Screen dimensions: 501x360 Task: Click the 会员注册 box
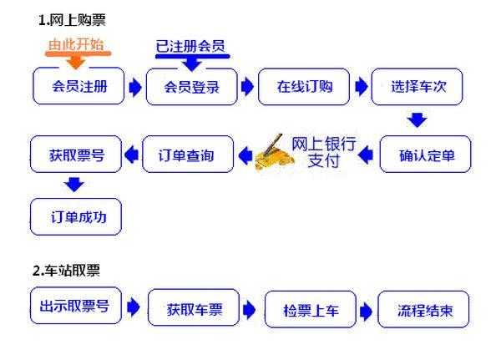pos(78,86)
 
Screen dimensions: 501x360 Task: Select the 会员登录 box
pos(192,87)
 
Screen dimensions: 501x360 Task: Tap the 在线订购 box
pos(304,87)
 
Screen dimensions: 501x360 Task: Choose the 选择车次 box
pos(417,87)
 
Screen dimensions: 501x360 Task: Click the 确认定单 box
pos(425,154)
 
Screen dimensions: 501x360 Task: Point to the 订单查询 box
pos(188,154)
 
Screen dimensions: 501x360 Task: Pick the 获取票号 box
pos(76,154)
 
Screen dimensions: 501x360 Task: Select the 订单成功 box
pos(76,217)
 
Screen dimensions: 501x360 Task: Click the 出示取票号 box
pos(76,306)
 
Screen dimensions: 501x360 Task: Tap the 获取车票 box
pos(194,307)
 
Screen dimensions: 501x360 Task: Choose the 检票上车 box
pos(311,310)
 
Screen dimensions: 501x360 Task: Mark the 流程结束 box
pos(423,310)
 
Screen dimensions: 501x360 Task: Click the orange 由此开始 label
pos(76,43)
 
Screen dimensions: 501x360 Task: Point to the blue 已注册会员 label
pos(190,47)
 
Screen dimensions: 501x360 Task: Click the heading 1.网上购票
pos(72,20)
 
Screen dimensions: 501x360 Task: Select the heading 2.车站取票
pos(66,271)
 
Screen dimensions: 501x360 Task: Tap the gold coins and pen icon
pos(275,153)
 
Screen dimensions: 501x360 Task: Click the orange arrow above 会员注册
pos(76,61)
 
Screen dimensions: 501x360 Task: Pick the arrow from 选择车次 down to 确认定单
pos(417,120)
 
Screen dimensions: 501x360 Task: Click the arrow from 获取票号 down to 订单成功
pos(74,185)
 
